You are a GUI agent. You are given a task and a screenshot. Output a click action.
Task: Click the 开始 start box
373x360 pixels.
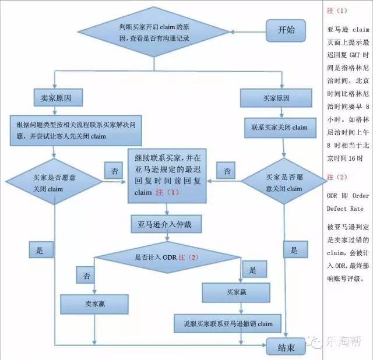(x=286, y=30)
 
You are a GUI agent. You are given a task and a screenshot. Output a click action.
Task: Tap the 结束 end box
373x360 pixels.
(x=286, y=347)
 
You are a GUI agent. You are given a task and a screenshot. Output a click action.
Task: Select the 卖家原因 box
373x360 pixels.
(x=58, y=97)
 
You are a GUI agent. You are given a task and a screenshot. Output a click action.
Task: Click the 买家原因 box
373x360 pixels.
(x=276, y=98)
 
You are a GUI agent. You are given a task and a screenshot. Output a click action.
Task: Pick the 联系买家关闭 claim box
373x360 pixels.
(x=280, y=128)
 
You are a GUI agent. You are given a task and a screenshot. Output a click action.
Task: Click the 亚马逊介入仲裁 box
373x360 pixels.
(x=166, y=224)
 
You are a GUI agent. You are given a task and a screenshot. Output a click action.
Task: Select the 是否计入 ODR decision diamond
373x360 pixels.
(x=167, y=257)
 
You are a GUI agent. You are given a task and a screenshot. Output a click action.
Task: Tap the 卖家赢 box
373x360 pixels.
(x=94, y=304)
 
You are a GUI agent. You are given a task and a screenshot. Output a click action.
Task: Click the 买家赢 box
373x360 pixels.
(x=236, y=292)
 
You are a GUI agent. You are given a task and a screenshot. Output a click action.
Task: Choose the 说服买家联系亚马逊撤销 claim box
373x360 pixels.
(x=227, y=323)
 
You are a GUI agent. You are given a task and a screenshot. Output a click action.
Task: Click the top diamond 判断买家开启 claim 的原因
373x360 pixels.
(x=154, y=32)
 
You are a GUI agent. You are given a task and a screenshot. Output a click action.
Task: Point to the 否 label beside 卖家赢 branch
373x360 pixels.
(x=86, y=275)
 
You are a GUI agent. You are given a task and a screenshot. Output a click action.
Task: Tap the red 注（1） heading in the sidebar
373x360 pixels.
(x=337, y=10)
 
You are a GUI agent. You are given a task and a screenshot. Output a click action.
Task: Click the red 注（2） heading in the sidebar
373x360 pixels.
(x=337, y=177)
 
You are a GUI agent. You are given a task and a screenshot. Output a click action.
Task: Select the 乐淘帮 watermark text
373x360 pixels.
(x=344, y=342)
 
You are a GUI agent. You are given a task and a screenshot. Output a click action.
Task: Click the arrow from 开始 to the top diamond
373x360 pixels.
(x=248, y=32)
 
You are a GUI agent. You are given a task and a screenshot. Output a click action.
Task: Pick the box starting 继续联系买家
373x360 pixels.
(x=167, y=176)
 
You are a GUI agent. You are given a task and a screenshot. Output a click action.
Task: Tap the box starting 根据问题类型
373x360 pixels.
(x=76, y=130)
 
